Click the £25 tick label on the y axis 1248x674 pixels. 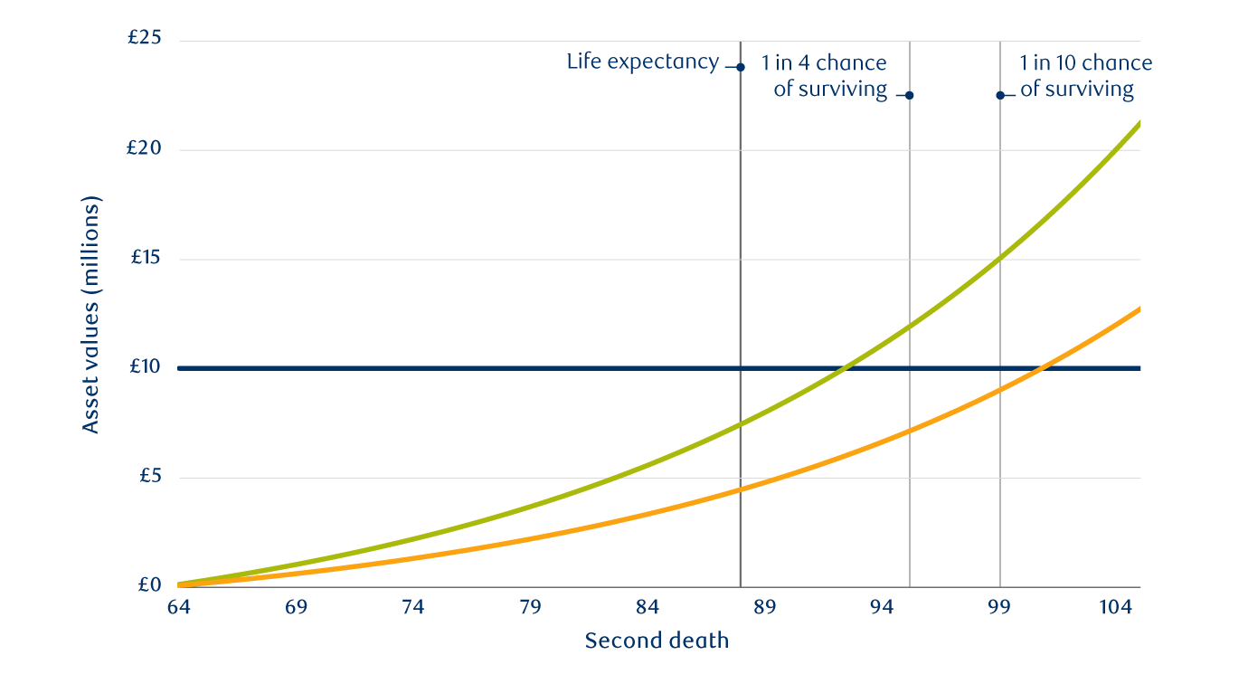[146, 40]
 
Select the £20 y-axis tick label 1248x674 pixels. [146, 149]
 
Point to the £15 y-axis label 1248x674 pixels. [146, 259]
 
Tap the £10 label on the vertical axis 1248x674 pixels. [146, 367]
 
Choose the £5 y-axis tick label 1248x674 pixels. [149, 477]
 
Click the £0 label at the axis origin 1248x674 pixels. [149, 585]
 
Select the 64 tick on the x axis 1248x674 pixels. [178, 608]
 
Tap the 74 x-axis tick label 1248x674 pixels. [412, 608]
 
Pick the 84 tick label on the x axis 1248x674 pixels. [648, 608]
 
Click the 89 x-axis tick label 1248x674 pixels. [765, 608]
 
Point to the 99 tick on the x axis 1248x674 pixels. [999, 608]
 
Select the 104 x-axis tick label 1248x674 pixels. [1116, 608]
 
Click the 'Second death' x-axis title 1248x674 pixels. [657, 641]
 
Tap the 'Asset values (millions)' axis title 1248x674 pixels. [90, 314]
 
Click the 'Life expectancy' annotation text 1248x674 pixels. [642, 62]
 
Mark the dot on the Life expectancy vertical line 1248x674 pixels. [741, 67]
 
